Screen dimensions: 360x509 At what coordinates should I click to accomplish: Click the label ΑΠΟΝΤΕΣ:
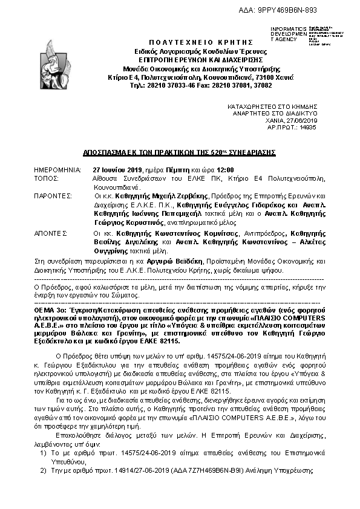click(x=50, y=232)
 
